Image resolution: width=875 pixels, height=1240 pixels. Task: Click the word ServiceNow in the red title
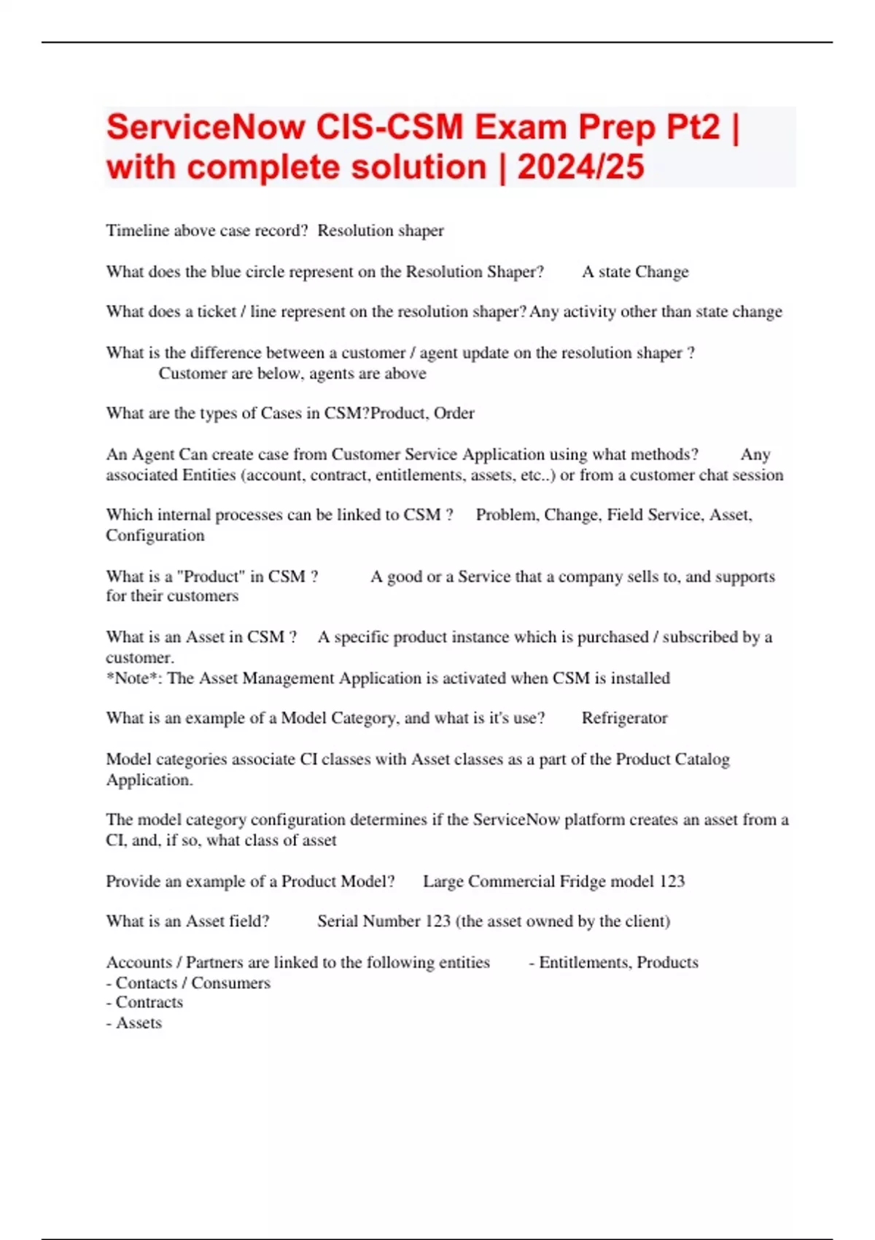[206, 128]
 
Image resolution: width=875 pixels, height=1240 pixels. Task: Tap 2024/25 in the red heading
[580, 167]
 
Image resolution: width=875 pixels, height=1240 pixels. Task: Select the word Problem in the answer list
[505, 514]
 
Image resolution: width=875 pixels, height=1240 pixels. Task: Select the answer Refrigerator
[624, 718]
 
